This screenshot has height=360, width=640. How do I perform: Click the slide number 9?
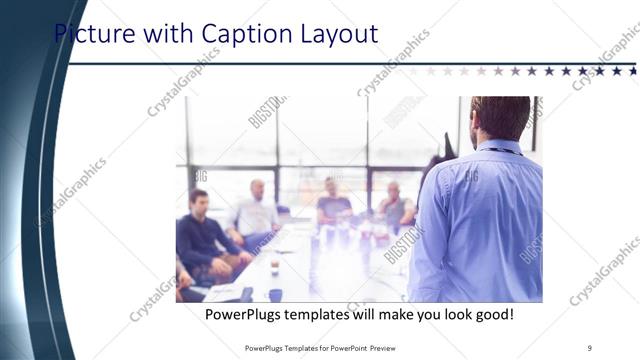(589, 347)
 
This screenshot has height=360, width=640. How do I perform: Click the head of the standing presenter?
(500, 117)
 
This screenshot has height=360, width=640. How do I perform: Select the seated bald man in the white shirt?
(257, 212)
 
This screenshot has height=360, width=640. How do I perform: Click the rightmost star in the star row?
(632, 71)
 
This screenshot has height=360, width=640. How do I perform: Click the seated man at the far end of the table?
(332, 204)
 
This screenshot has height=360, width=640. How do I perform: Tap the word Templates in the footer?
(287, 347)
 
